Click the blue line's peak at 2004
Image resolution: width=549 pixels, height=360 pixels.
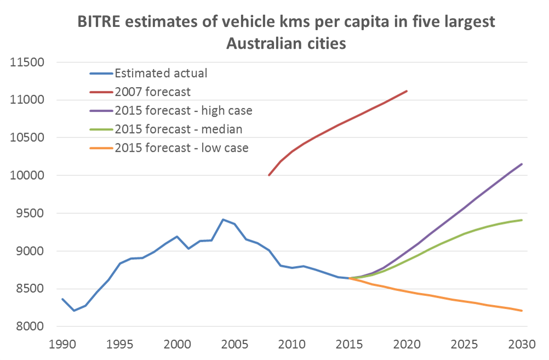223,219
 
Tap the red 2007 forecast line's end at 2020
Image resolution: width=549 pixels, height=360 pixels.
407,91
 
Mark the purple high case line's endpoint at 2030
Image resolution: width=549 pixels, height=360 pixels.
522,164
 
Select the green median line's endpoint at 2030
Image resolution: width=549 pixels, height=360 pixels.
522,220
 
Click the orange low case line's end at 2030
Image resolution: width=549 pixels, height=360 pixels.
522,311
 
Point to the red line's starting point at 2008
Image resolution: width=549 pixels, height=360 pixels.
268,175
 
